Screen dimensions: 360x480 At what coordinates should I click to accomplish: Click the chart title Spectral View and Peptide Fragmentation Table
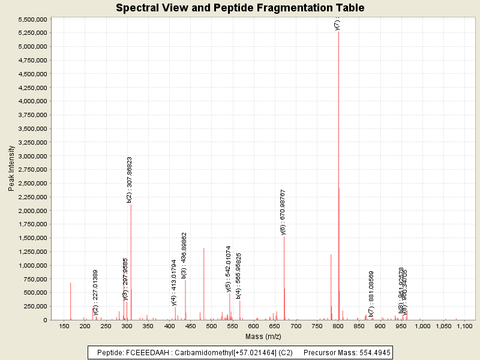coord(240,8)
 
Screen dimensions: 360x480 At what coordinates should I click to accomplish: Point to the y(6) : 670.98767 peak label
coord(283,212)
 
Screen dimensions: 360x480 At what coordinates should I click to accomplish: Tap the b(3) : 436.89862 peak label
coord(184,255)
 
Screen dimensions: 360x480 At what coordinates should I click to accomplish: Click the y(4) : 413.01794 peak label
coord(174,283)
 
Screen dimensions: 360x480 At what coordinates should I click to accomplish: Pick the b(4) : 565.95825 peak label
coord(238,275)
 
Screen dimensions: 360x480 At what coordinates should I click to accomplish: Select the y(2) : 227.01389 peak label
coord(95,292)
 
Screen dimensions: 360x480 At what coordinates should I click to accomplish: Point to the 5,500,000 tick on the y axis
coord(34,19)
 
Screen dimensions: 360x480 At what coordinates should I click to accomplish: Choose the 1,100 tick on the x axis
coord(464,326)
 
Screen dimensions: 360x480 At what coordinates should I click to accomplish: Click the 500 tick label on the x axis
coord(211,326)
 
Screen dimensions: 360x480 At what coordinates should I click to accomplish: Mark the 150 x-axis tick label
coord(64,326)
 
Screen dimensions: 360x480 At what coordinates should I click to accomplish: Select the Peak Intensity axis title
coord(11,169)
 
